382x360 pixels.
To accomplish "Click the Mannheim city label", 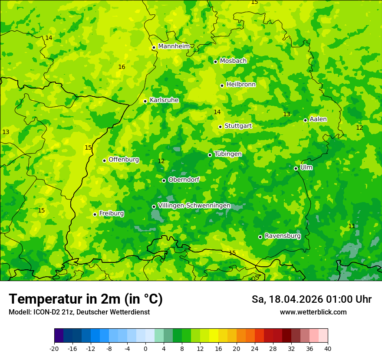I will [174, 46].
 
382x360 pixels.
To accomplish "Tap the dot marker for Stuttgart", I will [220, 127].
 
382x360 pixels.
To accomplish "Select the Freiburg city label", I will [112, 213].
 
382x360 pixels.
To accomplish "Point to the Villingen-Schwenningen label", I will [194, 206].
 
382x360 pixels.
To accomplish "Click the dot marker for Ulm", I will [296, 168].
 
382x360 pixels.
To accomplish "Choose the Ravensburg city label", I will [283, 236].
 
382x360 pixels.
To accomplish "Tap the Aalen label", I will [318, 119].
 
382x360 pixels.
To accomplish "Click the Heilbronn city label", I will [241, 85].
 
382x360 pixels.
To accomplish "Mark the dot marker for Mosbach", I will [215, 62].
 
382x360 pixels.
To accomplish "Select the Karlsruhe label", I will [164, 100].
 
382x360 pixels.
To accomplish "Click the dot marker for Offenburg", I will [104, 160].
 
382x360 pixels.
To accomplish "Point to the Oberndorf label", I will [184, 180].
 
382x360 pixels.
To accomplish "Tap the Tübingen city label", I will [228, 154].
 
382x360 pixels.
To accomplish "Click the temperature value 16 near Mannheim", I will [122, 67].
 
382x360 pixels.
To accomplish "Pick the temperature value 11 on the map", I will [352, 226].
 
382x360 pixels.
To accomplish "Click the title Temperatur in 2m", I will [86, 299].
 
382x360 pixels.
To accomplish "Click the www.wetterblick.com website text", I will [313, 312].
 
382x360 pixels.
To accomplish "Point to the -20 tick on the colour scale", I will [54, 348].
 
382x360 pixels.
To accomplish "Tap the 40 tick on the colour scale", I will [328, 348].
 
